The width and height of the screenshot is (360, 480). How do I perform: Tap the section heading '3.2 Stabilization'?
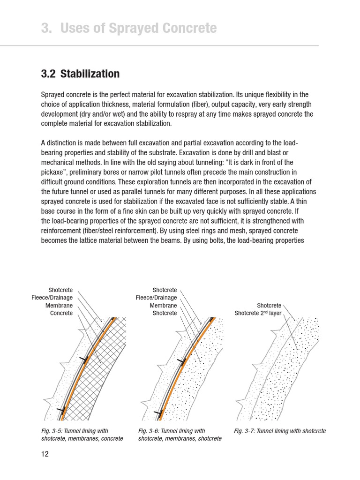click(x=80, y=74)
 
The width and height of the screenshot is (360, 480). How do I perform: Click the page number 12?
click(x=45, y=454)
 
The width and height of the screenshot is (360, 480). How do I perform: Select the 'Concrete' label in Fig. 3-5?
click(x=61, y=313)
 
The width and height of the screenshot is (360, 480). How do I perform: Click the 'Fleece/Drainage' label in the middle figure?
click(x=156, y=298)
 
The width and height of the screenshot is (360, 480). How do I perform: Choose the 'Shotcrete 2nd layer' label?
click(x=258, y=313)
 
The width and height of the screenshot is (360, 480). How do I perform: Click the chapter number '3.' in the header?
click(x=46, y=29)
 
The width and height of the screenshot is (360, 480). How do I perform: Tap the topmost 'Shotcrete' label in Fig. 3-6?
click(x=165, y=290)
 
